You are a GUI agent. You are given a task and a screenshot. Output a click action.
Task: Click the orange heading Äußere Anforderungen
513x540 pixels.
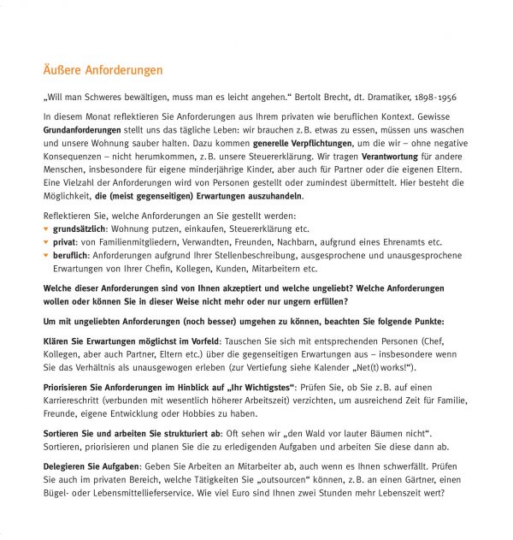[103, 70]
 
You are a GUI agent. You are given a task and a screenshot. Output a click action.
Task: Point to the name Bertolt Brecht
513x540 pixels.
[324, 98]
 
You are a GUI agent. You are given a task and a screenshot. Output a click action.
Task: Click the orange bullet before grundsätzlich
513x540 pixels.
[46, 229]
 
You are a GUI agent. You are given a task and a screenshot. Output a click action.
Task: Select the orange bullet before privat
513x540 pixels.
[46, 242]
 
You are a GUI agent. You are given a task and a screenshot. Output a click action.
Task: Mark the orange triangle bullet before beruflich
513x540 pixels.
[46, 255]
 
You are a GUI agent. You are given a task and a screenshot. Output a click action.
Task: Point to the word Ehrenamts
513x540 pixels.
[405, 242]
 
